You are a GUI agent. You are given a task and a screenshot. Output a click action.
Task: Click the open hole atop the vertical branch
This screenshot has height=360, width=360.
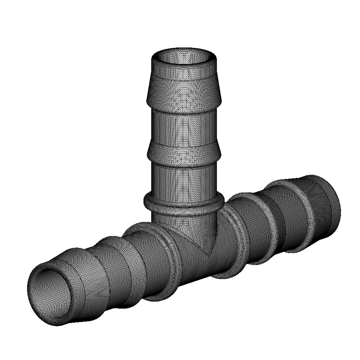(x=184, y=57)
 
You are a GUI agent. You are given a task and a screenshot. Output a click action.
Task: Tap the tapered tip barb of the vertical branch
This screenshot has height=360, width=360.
(x=184, y=88)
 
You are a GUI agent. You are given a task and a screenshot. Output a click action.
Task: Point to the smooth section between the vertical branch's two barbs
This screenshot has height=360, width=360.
(x=184, y=127)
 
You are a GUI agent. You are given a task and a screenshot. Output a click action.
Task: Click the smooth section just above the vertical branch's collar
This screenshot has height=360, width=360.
(x=184, y=179)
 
